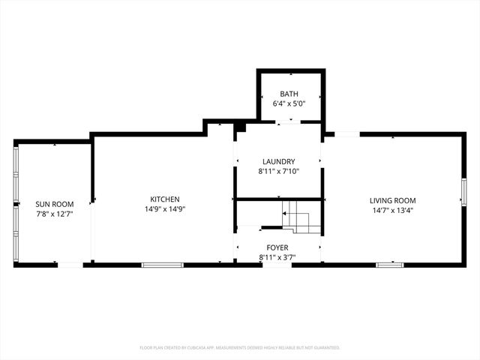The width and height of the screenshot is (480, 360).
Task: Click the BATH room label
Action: pyautogui.click(x=289, y=94)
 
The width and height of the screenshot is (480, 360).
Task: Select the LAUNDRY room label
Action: pyautogui.click(x=278, y=161)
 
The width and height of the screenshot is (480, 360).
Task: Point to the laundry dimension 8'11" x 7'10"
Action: pyautogui.click(x=278, y=170)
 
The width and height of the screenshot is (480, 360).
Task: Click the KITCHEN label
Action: pyautogui.click(x=165, y=199)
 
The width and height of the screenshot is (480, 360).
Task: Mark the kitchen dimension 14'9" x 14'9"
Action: pyautogui.click(x=165, y=209)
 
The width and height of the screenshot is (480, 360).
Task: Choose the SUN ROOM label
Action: pyautogui.click(x=55, y=204)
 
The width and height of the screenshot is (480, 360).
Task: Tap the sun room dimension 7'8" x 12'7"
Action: pyautogui.click(x=55, y=214)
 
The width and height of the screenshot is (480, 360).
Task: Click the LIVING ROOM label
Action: pyautogui.click(x=392, y=200)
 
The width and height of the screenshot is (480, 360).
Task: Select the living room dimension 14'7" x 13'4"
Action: pyautogui.click(x=392, y=210)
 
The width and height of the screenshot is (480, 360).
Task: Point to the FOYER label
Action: pyautogui.click(x=277, y=247)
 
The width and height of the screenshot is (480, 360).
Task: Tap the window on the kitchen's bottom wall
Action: pyautogui.click(x=163, y=265)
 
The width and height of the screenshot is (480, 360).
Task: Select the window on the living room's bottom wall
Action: pyautogui.click(x=389, y=265)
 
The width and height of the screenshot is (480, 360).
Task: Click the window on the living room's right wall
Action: pyautogui.click(x=463, y=193)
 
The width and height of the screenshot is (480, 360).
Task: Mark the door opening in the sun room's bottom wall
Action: pyautogui.click(x=70, y=265)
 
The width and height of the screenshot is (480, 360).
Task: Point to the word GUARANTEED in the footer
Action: pyautogui.click(x=325, y=348)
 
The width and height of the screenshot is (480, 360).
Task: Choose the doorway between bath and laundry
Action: pyautogui.click(x=287, y=122)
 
